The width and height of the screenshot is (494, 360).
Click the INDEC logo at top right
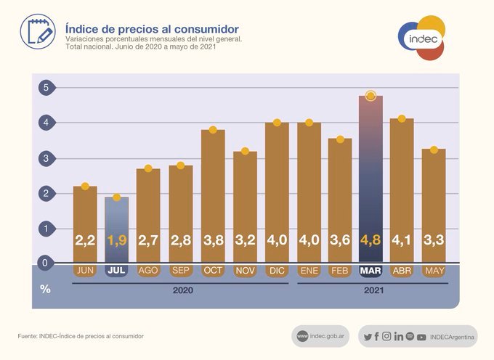421,38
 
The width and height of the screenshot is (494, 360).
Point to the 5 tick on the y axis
45,88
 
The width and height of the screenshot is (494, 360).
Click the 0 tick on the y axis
45,263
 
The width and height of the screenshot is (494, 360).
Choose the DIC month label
276,271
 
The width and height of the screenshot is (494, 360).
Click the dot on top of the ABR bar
402,118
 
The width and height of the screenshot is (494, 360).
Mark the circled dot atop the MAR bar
370,96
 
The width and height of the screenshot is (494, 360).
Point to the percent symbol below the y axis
45,289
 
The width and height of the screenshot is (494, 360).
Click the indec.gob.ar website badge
320,336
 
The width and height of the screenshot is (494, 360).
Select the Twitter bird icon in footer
368,336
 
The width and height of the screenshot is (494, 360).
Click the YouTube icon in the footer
422,336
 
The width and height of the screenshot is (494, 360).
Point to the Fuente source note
81,336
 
